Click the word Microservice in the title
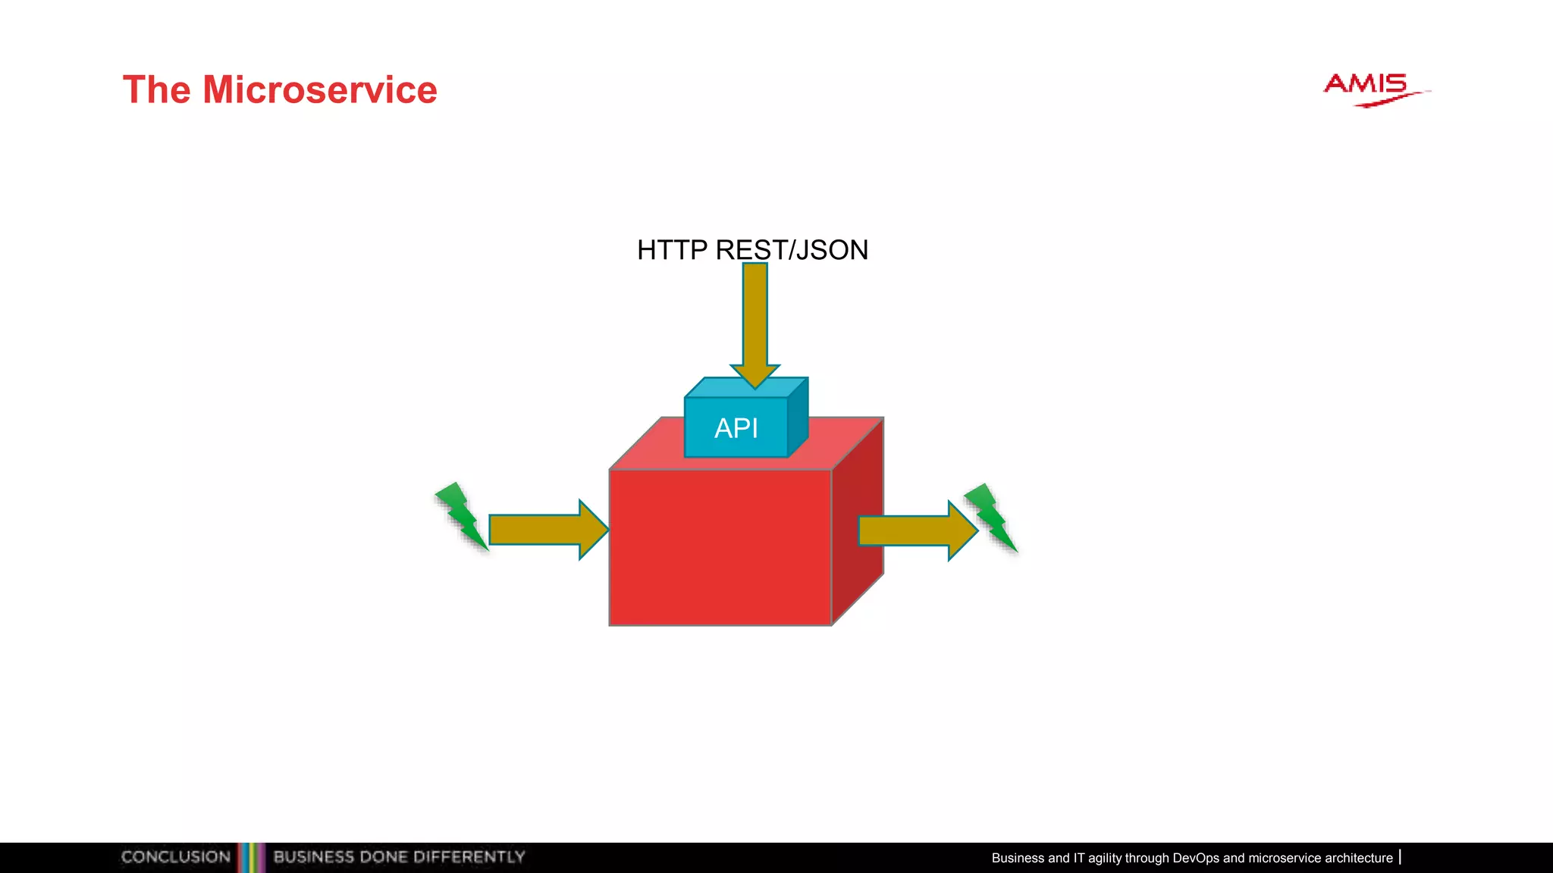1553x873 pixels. coord(319,90)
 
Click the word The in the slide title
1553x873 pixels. coord(156,90)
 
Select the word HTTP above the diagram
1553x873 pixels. coord(672,250)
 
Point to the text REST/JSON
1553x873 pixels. coord(792,250)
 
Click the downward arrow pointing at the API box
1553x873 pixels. coord(755,326)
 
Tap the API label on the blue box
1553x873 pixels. coord(736,428)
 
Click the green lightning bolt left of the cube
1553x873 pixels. coord(460,515)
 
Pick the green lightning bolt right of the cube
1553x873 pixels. coord(990,517)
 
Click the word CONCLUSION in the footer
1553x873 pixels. coord(176,857)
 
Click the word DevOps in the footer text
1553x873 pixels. coord(1196,858)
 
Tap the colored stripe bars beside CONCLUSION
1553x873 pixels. coord(252,857)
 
